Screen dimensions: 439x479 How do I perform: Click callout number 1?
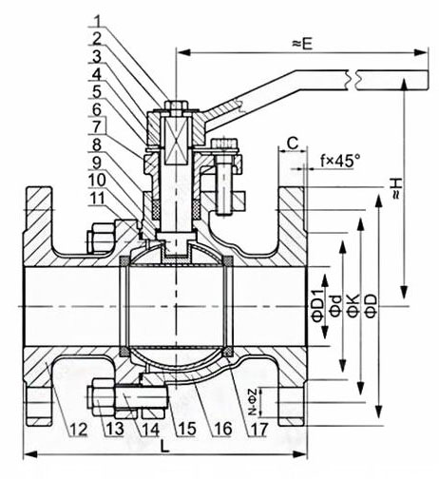tap(98, 21)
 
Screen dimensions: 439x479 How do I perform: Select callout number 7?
tap(97, 126)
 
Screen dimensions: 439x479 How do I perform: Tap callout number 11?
tap(97, 199)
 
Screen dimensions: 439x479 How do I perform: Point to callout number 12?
tap(78, 430)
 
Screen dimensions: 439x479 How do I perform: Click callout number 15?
tap(187, 430)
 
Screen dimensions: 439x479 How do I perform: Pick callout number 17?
tap(259, 430)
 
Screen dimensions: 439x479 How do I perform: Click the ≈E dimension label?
tap(302, 44)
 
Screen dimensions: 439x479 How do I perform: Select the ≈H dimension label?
tap(396, 188)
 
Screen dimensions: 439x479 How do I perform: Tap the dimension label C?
tap(293, 144)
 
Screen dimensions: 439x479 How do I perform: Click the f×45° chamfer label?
tap(340, 161)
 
